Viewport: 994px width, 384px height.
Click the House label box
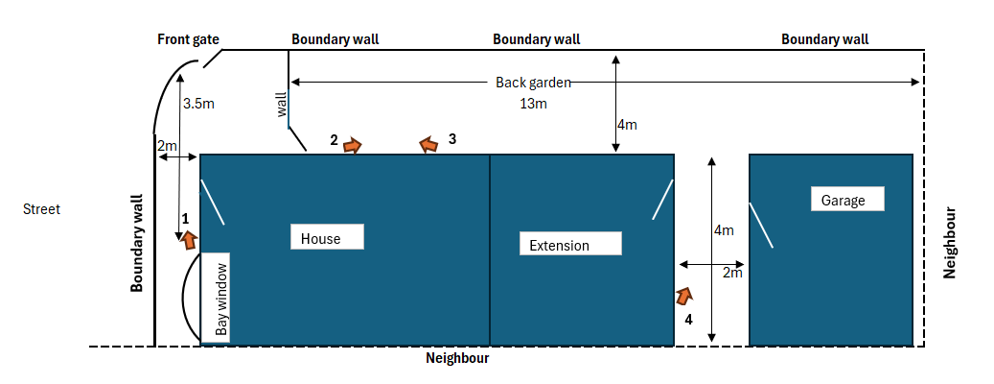[327, 237]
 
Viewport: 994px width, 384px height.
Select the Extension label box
[569, 244]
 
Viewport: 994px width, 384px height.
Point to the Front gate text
[188, 39]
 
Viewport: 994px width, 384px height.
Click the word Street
[41, 208]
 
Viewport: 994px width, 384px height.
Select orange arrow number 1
[190, 239]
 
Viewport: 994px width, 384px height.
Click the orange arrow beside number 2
[353, 145]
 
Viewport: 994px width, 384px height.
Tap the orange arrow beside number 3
[428, 145]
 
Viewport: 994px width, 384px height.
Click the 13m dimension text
[533, 103]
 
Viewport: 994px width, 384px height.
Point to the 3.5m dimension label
[197, 103]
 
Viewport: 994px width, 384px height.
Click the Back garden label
[533, 83]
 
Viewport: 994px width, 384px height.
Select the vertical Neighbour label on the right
[950, 242]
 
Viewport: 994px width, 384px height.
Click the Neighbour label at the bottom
[457, 358]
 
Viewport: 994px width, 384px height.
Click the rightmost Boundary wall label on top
[824, 39]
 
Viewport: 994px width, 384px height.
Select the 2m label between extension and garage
[732, 274]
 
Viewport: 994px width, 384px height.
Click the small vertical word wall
[282, 105]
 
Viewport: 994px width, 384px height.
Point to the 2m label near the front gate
[167, 146]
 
